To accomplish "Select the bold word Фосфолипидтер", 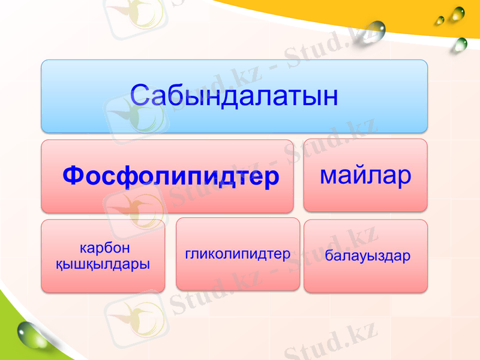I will (171, 176).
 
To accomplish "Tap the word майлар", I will (365, 175).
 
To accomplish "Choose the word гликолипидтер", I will (238, 254).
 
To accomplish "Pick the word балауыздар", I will (368, 256).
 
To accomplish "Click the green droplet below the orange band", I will (460, 43).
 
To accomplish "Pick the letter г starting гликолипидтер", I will (188, 254).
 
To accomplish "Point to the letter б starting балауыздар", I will (329, 256).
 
